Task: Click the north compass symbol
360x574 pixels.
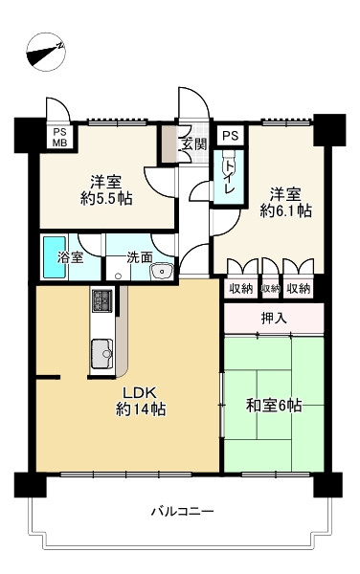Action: tap(47, 52)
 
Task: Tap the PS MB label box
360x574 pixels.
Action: tap(59, 137)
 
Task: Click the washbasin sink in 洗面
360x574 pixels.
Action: tap(162, 272)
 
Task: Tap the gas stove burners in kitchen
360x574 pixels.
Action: tap(101, 300)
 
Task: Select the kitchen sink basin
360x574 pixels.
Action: tap(101, 354)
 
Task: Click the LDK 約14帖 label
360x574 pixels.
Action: tap(141, 401)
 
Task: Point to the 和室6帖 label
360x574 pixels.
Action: tap(274, 406)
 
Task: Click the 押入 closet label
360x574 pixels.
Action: tap(274, 319)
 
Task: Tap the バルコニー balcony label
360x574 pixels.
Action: tap(182, 511)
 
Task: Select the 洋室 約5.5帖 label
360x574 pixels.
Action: tap(106, 190)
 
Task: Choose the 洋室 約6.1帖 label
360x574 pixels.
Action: tap(286, 203)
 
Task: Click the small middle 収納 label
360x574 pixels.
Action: tap(271, 289)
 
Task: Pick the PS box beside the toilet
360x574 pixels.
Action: tap(231, 136)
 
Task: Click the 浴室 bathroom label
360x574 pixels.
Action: tap(70, 257)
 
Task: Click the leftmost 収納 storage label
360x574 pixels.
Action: tap(241, 289)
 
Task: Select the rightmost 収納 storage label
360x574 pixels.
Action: tap(299, 289)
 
